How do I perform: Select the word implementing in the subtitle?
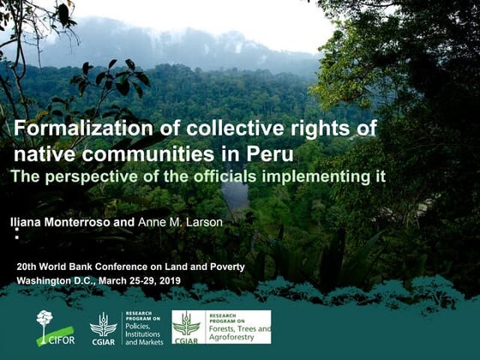[x=331, y=176]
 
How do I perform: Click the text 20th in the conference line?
[x=27, y=267]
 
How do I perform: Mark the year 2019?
[x=170, y=280]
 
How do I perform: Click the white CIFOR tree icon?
[x=44, y=322]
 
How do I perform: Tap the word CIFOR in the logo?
[x=61, y=339]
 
